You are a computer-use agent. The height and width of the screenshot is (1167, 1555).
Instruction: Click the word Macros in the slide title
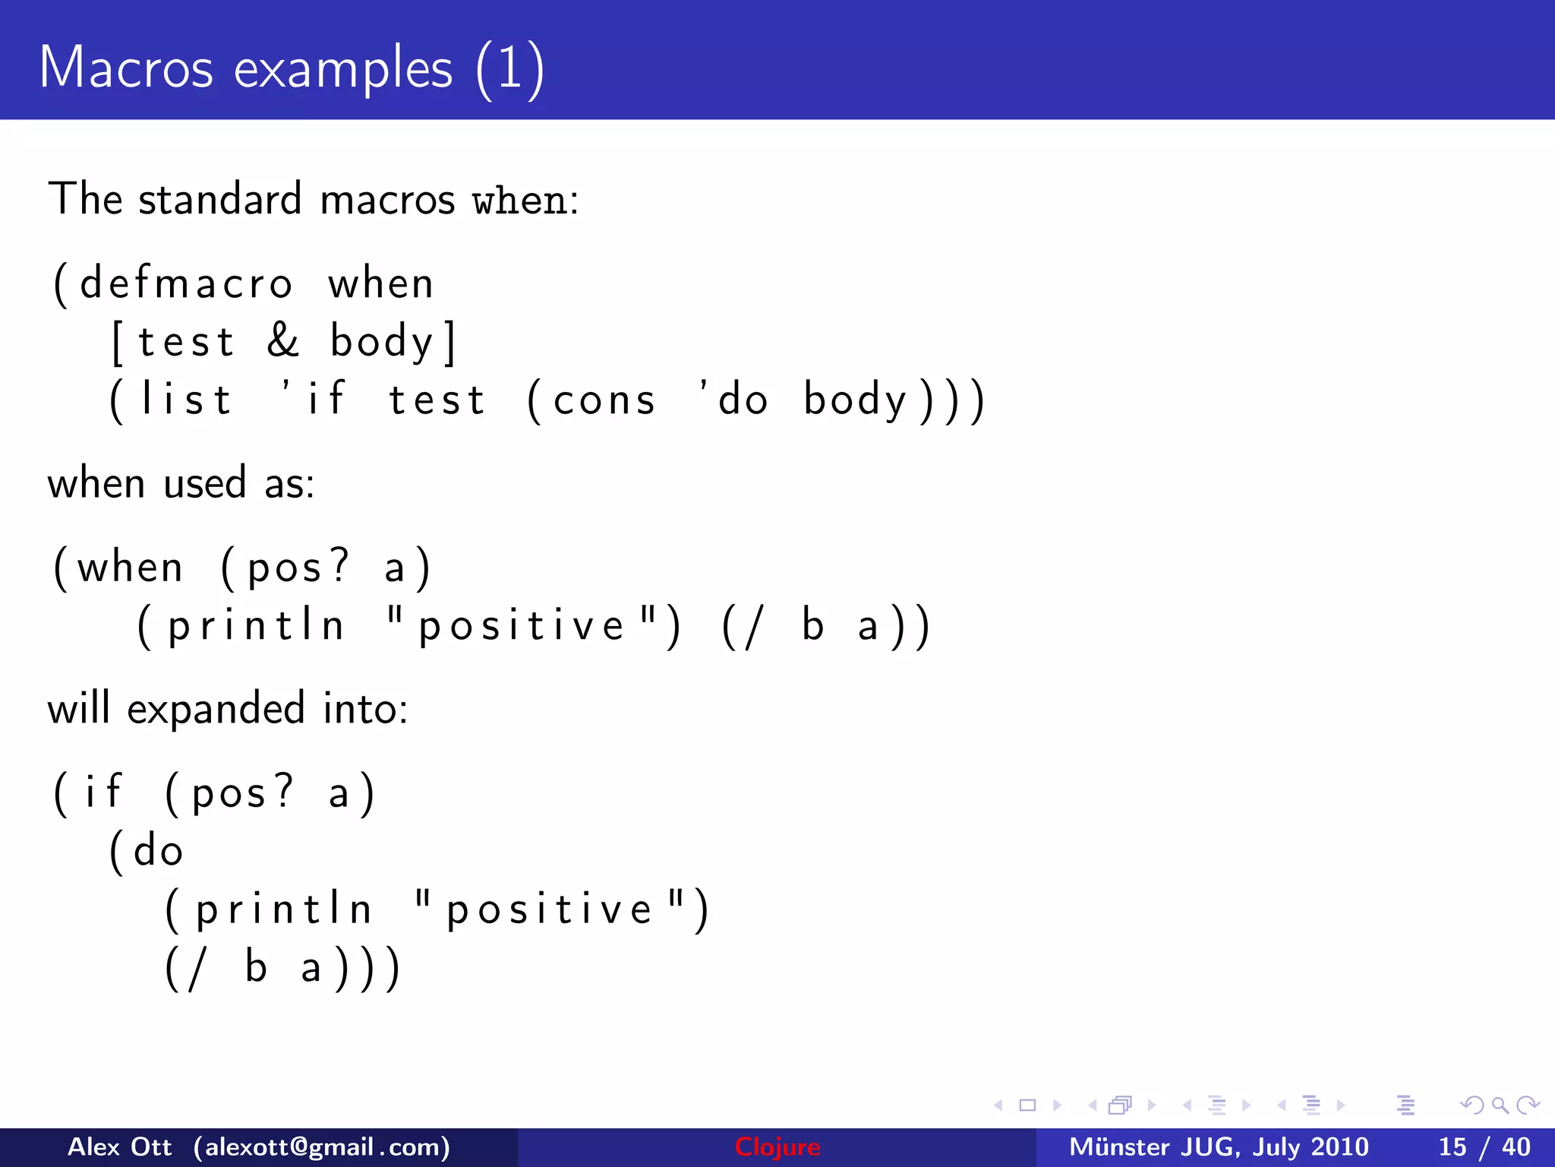pyautogui.click(x=126, y=68)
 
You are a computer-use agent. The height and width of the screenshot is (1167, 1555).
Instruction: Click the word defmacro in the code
pyautogui.click(x=186, y=284)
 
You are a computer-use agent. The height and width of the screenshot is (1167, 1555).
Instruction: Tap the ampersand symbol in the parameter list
pyautogui.click(x=283, y=340)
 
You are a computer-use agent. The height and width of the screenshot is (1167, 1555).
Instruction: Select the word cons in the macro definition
pyautogui.click(x=604, y=401)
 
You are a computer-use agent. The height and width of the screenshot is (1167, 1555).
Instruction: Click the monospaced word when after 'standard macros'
pyautogui.click(x=520, y=201)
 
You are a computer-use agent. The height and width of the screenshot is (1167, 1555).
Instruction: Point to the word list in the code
pyautogui.click(x=186, y=400)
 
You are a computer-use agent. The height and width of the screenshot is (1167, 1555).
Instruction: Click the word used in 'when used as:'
pyautogui.click(x=205, y=483)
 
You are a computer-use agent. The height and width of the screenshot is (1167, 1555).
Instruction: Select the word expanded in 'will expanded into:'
pyautogui.click(x=216, y=710)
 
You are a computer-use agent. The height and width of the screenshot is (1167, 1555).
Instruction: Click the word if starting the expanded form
pyautogui.click(x=103, y=792)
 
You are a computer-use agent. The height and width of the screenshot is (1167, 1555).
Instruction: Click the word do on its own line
pyautogui.click(x=158, y=850)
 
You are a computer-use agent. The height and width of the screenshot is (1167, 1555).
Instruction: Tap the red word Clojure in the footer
pyautogui.click(x=777, y=1146)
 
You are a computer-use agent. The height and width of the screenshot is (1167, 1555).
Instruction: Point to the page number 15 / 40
pyautogui.click(x=1484, y=1146)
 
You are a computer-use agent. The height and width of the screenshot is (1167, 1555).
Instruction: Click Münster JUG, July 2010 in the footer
pyautogui.click(x=1218, y=1146)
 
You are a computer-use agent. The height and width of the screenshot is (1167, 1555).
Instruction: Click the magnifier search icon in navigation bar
pyautogui.click(x=1500, y=1105)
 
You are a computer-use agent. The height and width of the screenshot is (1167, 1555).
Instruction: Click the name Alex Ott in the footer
pyautogui.click(x=119, y=1146)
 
